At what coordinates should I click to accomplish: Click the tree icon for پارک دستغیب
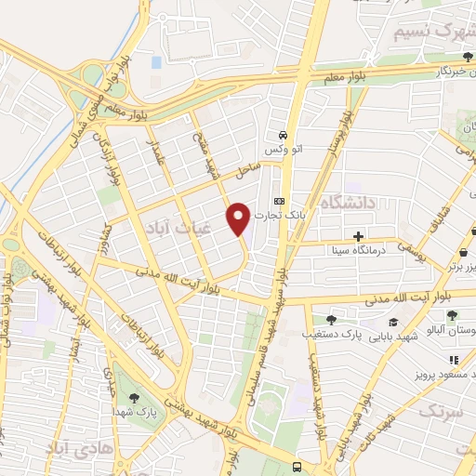331,319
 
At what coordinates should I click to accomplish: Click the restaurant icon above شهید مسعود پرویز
454,360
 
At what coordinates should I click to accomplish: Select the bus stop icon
297,466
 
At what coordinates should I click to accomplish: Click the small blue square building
155,62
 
